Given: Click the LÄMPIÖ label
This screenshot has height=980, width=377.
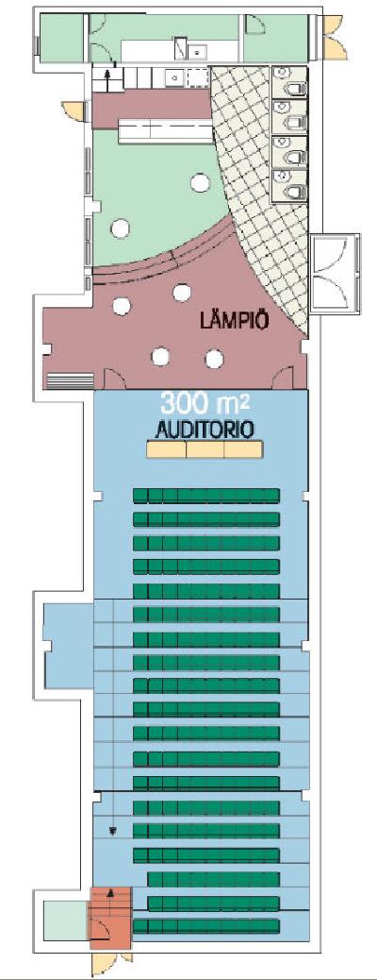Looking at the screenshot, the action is click(235, 321).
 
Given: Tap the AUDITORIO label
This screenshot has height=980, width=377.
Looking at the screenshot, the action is click(205, 430).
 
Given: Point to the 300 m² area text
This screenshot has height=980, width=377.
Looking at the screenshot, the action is click(205, 404).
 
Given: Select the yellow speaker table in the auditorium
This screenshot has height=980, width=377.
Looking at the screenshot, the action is click(205, 449).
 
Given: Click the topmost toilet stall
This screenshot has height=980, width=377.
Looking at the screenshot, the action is click(290, 82).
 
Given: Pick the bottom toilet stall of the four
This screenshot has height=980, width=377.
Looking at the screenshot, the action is click(290, 184).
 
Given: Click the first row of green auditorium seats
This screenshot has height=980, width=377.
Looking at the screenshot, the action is click(206, 496).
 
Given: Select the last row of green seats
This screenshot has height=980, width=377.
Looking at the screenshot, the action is click(206, 925).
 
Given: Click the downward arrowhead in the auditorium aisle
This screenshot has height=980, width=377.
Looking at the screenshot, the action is click(113, 832).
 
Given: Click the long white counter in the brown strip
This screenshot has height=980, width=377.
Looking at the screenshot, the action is click(164, 130).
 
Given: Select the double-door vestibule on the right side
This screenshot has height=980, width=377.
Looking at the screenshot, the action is click(335, 274).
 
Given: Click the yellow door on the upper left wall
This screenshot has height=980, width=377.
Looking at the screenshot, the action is click(72, 110).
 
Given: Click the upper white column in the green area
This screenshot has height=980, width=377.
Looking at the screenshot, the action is click(201, 182).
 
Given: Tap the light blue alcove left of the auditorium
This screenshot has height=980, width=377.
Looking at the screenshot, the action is click(68, 644).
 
